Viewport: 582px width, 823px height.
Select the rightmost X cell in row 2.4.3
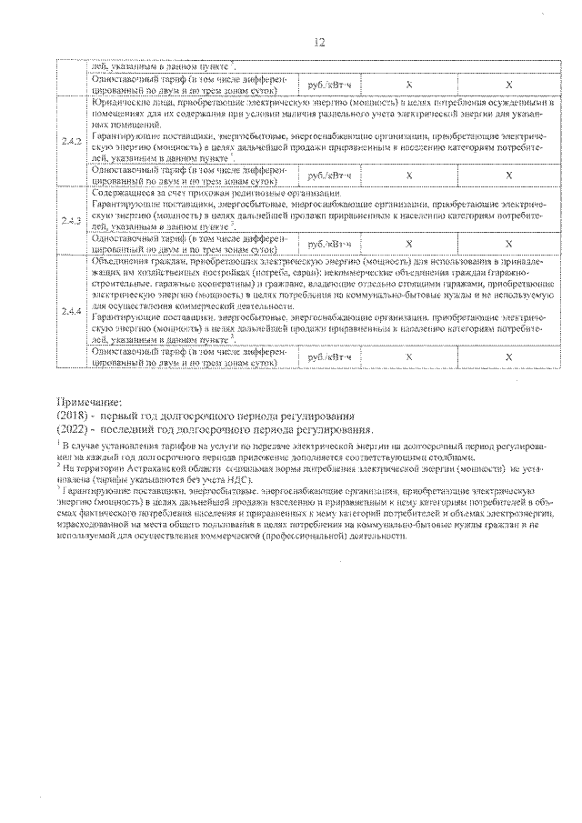pyautogui.click(x=509, y=244)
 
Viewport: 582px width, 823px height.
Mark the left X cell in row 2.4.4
pyautogui.click(x=409, y=357)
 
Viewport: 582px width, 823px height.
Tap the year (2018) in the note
pyautogui.click(x=72, y=416)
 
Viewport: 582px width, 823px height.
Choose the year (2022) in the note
pyautogui.click(x=72, y=428)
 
